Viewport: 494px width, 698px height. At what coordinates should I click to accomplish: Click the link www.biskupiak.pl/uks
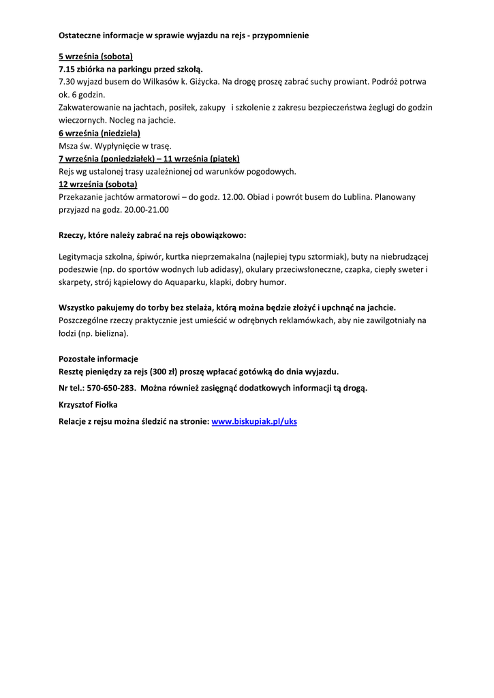254,422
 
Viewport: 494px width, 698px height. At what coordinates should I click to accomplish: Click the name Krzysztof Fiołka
88,405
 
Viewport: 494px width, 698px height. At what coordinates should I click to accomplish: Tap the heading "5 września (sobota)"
95,57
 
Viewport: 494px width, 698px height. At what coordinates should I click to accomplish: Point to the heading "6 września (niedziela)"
99,133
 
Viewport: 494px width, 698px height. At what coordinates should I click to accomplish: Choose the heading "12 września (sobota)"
97,184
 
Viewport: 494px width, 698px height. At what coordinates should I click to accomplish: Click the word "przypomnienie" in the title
280,35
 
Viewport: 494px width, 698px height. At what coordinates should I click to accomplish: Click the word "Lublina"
357,197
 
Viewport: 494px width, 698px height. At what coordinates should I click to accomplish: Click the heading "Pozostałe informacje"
98,359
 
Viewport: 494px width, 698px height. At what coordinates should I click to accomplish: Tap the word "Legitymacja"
82,256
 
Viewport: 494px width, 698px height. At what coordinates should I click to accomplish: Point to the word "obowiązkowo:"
222,235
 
